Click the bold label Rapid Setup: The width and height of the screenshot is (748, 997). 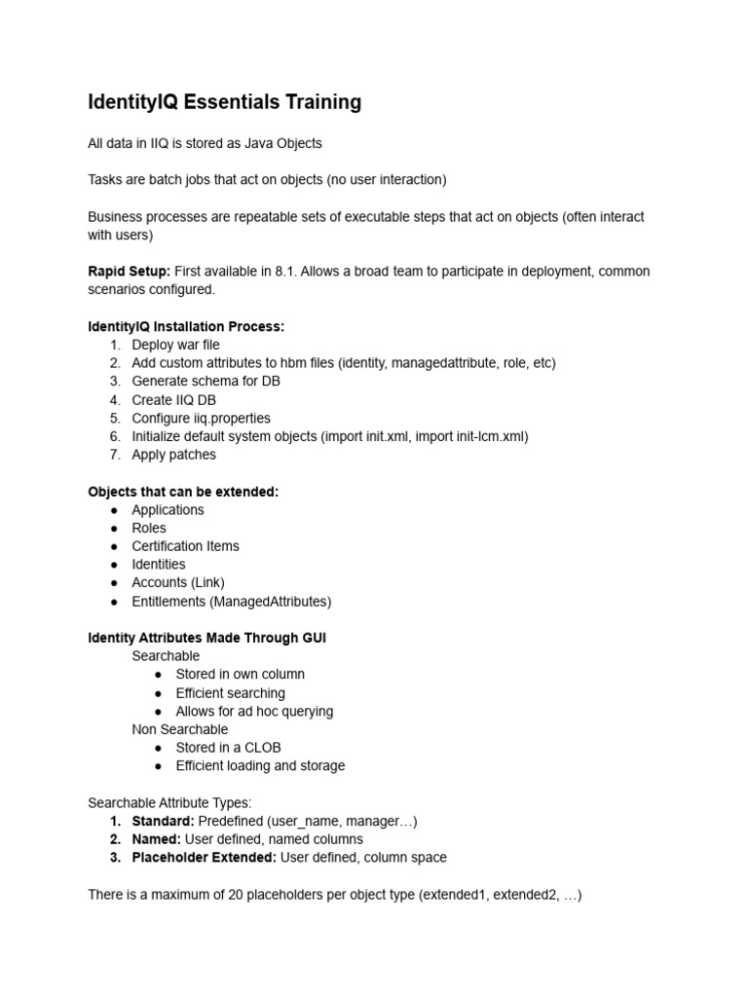tap(129, 271)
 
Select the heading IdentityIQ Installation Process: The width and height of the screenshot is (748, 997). tap(186, 326)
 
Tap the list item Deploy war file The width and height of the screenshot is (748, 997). tap(175, 345)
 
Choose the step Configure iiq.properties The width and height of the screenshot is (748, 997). tap(201, 419)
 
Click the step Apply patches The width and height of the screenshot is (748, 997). tap(174, 455)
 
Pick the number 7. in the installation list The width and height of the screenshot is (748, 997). tap(115, 455)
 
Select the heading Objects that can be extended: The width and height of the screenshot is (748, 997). tap(183, 492)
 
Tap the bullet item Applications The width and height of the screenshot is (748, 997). tap(168, 510)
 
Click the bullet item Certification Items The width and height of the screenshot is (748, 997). tap(185, 546)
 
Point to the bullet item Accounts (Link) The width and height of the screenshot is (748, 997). tap(178, 583)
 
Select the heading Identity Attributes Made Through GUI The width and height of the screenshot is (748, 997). tap(206, 638)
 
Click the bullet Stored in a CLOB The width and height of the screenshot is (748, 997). tap(228, 748)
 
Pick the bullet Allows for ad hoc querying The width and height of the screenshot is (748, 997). tap(254, 712)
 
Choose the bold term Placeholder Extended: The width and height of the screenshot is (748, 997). tap(205, 858)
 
